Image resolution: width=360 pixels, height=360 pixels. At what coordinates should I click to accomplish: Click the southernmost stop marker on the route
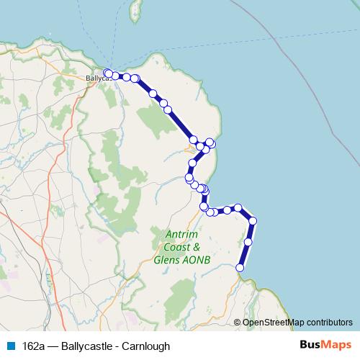tap(240, 268)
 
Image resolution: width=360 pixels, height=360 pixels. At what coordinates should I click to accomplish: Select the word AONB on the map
tap(197, 259)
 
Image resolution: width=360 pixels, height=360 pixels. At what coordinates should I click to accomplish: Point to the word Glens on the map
tap(168, 259)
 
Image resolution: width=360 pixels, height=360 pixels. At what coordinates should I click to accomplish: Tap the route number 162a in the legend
tap(33, 346)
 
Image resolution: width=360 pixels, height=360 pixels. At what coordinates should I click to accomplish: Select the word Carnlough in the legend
tap(145, 346)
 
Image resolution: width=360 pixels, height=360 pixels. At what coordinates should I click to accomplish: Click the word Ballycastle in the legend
tap(87, 346)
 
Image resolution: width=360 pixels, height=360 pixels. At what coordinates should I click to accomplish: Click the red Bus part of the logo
tap(310, 346)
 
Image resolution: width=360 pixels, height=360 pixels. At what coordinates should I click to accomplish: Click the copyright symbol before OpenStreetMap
tap(238, 323)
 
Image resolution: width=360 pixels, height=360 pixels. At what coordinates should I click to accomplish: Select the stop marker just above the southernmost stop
tap(248, 242)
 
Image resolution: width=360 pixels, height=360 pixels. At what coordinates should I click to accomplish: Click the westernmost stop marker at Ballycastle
tap(108, 73)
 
